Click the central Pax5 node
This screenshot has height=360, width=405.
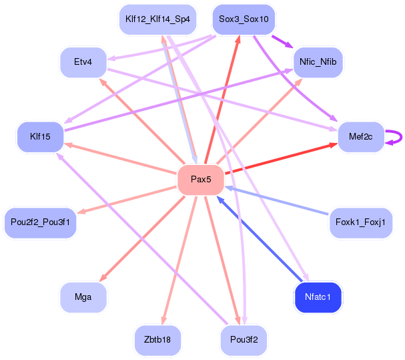pos(200,179)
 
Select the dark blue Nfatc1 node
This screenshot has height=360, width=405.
pos(318,296)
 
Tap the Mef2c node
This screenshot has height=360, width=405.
pos(360,137)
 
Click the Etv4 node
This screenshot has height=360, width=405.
pos(83,62)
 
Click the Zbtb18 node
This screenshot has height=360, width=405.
pos(157,339)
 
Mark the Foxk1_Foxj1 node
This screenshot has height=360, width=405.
pos(360,222)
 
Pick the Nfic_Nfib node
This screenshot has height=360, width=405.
pos(318,62)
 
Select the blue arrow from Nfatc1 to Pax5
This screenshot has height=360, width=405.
pos(260,238)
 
